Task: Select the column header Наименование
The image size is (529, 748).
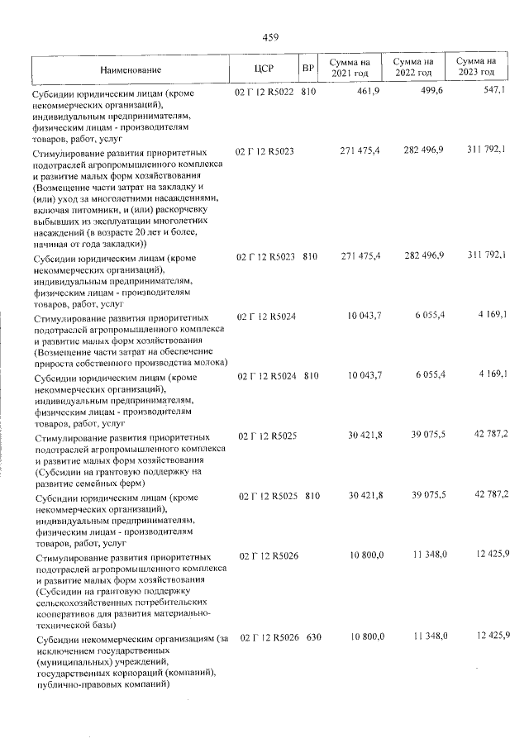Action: (131, 69)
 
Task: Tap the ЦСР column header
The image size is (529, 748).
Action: (264, 69)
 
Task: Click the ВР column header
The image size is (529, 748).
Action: (308, 69)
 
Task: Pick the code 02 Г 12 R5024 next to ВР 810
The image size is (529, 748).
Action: (264, 376)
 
